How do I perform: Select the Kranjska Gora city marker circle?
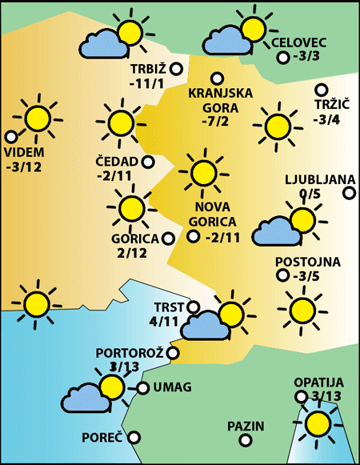coord(216,78)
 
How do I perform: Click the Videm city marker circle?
coord(10,137)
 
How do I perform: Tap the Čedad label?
coord(116,162)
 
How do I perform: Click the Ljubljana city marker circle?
coord(349,192)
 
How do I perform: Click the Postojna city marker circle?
coord(282,276)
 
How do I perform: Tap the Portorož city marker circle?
coord(173,352)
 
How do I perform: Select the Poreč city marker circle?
coord(134,437)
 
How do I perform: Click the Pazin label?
coord(245,427)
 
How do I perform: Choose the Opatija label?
coord(318,383)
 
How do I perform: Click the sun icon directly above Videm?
coord(37,118)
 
